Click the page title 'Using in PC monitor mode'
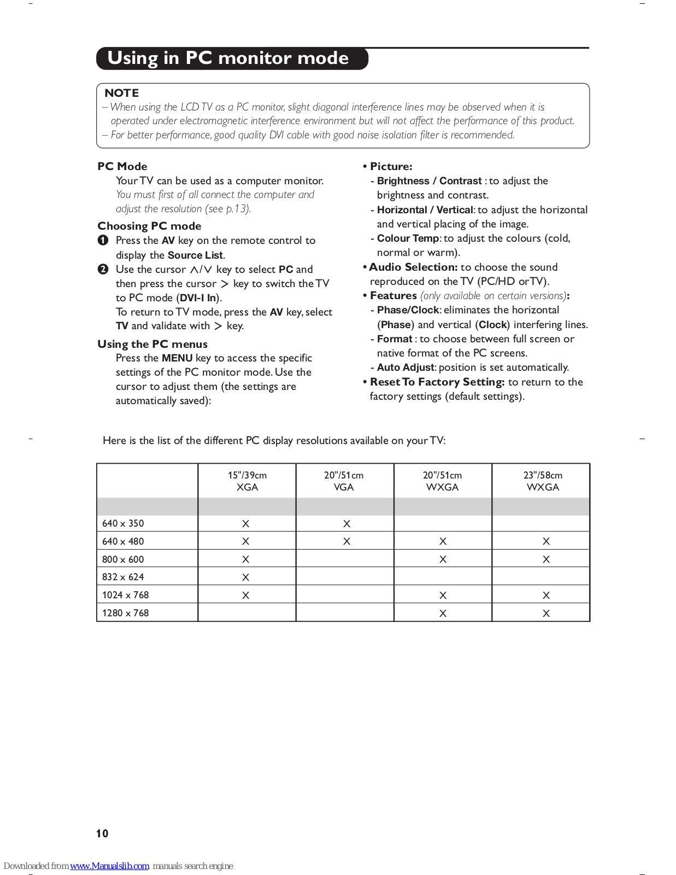point(228,58)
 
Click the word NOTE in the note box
point(122,93)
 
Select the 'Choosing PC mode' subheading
point(149,226)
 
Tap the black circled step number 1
point(103,241)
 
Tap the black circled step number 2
point(103,269)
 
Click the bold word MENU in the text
point(177,358)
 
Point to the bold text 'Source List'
point(195,255)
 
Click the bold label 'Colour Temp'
point(408,238)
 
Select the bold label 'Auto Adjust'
point(405,367)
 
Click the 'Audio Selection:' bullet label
point(413,267)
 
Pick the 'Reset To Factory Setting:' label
point(437,382)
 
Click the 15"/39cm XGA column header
point(247,481)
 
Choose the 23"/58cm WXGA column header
point(543,481)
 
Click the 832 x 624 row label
point(123,577)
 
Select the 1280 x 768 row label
point(125,613)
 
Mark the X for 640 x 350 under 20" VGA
point(346,524)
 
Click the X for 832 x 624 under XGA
point(246,577)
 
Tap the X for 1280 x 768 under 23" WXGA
point(546,614)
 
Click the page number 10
point(102,833)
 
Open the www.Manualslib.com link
point(109,866)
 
